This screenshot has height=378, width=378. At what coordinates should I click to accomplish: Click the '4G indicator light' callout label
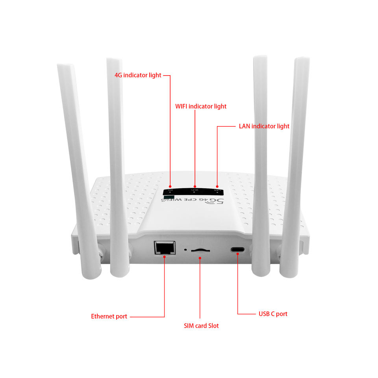point(138,75)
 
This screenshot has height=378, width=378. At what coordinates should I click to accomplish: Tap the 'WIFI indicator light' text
point(201,106)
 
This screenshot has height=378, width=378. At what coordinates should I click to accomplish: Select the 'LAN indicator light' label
point(264,126)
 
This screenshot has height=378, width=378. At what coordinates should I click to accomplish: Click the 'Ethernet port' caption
point(109,316)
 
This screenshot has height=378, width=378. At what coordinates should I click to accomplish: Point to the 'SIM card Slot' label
point(201,326)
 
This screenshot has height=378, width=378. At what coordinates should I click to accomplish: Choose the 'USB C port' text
point(273,314)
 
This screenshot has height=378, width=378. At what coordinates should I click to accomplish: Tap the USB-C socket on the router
point(237,250)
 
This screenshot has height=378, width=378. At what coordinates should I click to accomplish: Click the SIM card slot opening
point(200,250)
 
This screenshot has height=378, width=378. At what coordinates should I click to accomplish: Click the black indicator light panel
point(193,191)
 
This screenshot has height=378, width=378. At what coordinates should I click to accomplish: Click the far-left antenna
point(79,165)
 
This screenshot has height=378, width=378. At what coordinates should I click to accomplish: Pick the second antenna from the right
point(261,165)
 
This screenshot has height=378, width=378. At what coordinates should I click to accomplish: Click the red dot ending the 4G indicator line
point(170,186)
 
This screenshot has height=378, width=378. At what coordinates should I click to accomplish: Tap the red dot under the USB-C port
point(237,254)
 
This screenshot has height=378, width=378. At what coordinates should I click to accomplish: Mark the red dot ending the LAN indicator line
point(217,186)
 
